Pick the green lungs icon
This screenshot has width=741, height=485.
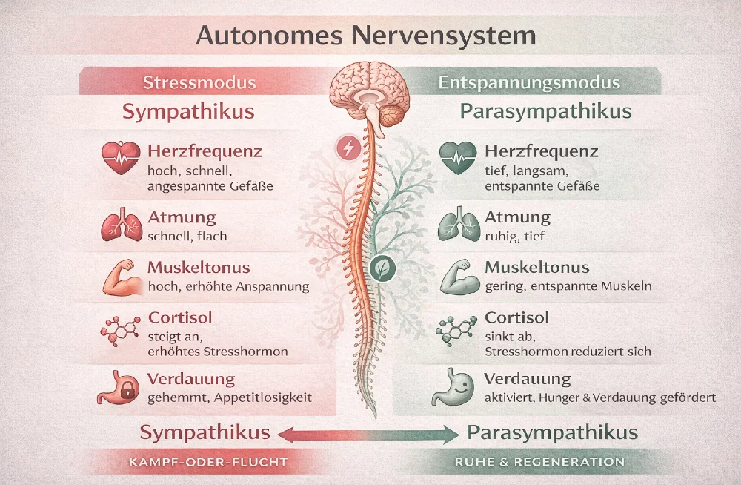point(456,225)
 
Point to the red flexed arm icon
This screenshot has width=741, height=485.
point(119,275)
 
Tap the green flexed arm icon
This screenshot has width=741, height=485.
point(457,276)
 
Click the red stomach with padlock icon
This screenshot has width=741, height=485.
point(119,387)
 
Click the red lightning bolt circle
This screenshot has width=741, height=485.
point(348,149)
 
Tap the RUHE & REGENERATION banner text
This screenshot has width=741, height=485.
point(537,462)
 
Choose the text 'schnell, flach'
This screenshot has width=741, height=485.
point(187,236)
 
